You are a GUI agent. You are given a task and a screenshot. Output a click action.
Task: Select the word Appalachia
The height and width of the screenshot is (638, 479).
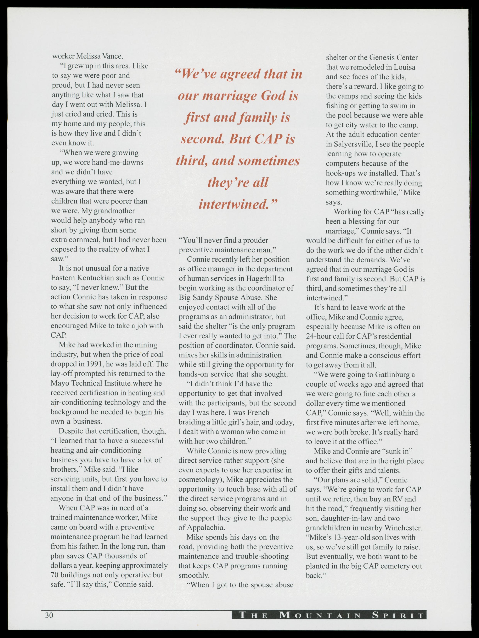(206, 527)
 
